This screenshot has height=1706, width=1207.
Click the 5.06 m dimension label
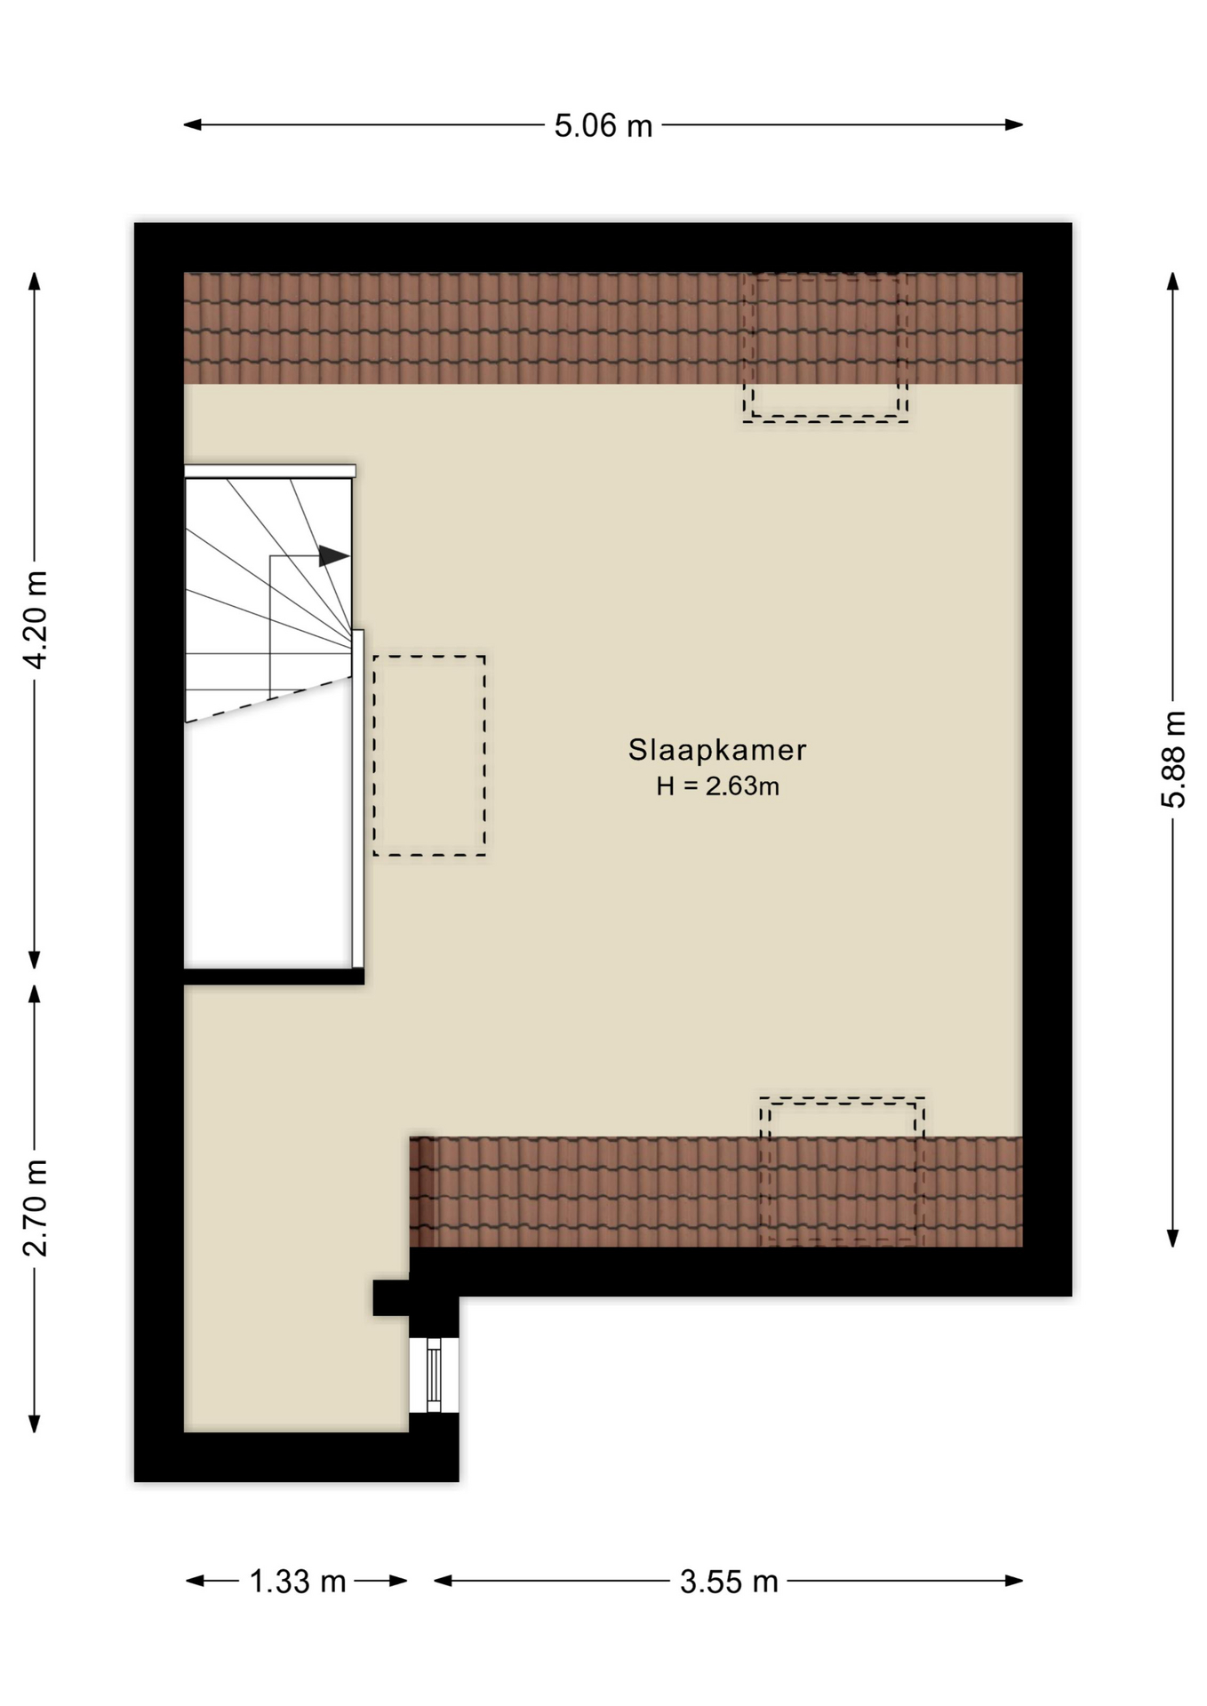[x=603, y=125]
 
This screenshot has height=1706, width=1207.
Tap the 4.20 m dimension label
[x=36, y=619]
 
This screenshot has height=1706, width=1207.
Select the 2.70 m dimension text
[x=36, y=1208]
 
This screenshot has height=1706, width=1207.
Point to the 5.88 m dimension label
[x=1173, y=759]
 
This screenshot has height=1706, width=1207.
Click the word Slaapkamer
[x=717, y=750]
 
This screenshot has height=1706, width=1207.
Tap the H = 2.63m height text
[x=717, y=786]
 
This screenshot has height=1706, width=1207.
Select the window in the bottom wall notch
[x=434, y=1375]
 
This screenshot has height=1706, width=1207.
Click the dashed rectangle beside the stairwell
[x=429, y=756]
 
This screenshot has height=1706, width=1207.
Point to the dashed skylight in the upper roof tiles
[x=826, y=347]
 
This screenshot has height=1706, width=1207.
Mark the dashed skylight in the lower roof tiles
[x=842, y=1171]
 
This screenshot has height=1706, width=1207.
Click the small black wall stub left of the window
[x=391, y=1297]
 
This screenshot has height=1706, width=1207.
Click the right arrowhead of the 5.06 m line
[x=1014, y=125]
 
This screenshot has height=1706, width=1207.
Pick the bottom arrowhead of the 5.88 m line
[x=1173, y=1238]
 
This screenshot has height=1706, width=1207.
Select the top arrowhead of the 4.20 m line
[x=35, y=282]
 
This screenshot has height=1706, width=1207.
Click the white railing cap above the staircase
[x=270, y=471]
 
